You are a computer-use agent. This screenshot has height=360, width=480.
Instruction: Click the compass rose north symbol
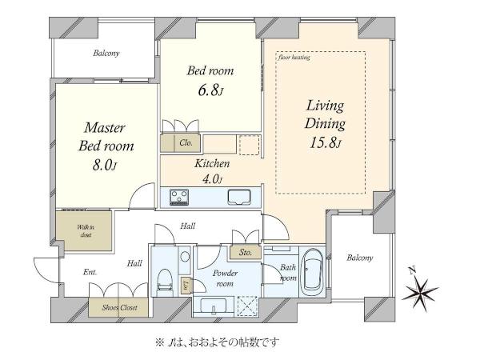coord(419,289)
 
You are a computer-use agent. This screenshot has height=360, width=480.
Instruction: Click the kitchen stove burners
coord(179,197)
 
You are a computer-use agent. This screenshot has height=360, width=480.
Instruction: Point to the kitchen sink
coord(239,197)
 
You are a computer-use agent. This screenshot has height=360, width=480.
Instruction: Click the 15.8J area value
coord(325,142)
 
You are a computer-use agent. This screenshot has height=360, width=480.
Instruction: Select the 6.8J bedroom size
coord(211,90)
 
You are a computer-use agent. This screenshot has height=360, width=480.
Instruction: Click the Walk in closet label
coord(86,231)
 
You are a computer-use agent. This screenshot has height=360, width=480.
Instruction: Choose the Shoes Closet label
coord(119,307)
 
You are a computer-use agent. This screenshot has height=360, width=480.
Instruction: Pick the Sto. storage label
coord(246,253)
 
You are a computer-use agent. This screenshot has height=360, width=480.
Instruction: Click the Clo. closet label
coord(186,142)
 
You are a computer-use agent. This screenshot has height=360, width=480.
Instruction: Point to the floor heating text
coord(294,57)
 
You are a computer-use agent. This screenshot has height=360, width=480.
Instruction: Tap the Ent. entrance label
coord(90,272)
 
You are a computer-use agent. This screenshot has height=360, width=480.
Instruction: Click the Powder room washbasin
coord(213,306)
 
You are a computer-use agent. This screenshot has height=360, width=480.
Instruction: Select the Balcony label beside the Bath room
coord(360,258)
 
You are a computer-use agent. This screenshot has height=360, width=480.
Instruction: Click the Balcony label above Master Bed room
coord(106,54)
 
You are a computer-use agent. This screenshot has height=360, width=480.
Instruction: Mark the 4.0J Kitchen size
coord(212,178)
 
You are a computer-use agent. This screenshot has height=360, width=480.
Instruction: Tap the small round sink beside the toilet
coord(185,257)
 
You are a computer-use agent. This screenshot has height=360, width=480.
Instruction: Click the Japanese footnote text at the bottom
coord(218,342)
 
